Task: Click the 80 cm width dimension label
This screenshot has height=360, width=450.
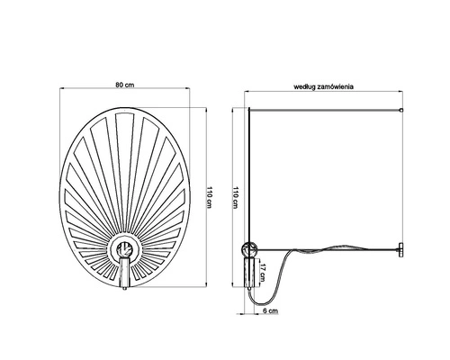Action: [126, 84]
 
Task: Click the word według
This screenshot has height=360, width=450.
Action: [303, 86]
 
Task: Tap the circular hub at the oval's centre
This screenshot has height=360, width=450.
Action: [126, 250]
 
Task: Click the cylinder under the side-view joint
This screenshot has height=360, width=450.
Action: [249, 271]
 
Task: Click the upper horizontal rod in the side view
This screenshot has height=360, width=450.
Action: [324, 109]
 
